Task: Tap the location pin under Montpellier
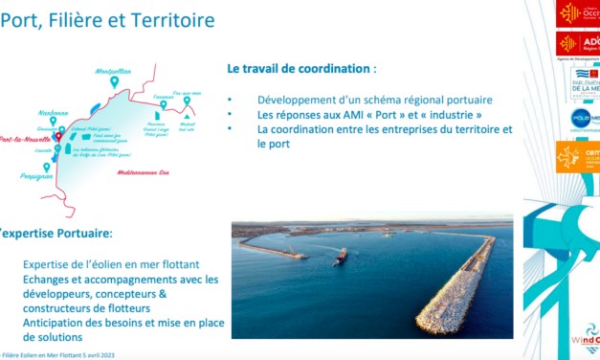click(x=114, y=83)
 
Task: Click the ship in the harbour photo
click(x=340, y=256)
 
